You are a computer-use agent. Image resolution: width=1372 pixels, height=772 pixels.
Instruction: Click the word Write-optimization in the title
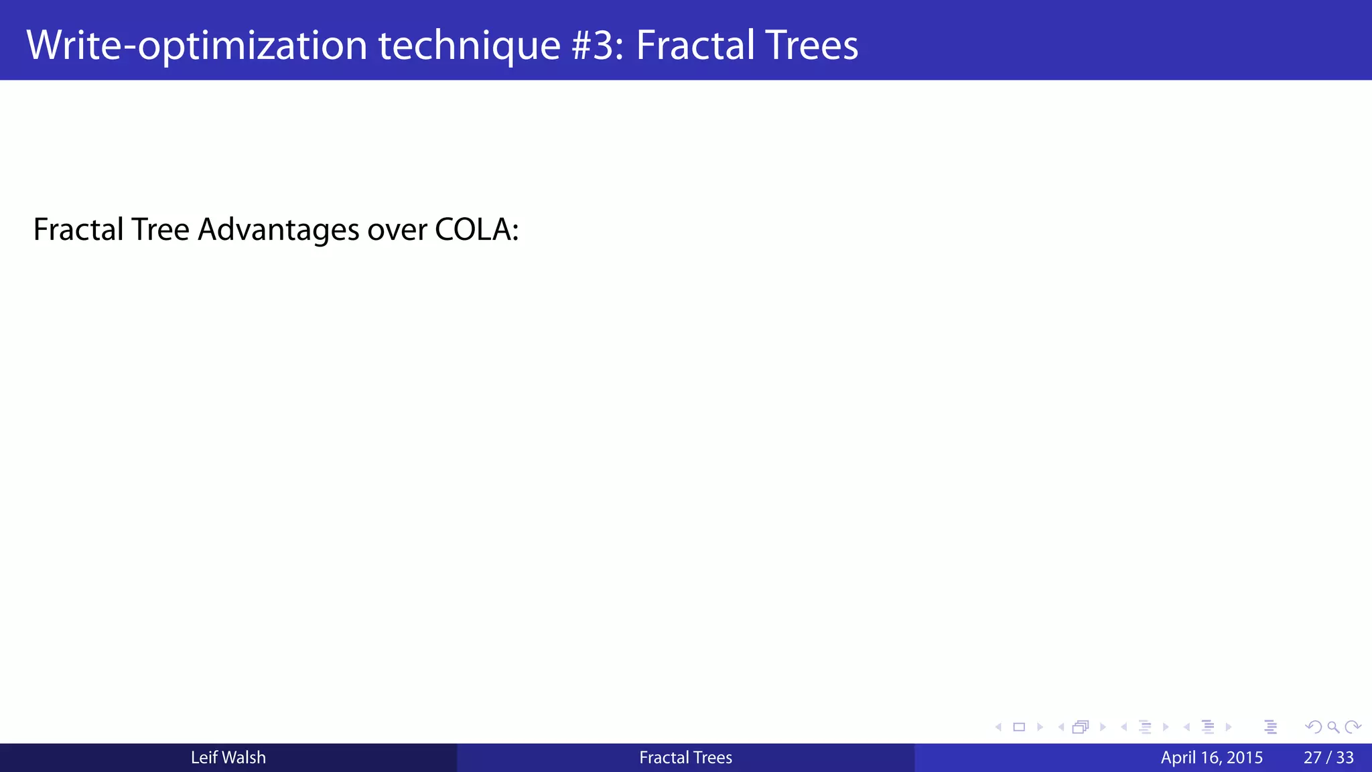[196, 45]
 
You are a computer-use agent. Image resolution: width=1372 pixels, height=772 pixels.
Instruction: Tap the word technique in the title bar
[469, 45]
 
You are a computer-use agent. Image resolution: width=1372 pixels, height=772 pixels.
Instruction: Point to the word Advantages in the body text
[279, 230]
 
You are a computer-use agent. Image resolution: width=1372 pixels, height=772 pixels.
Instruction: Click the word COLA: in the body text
[476, 230]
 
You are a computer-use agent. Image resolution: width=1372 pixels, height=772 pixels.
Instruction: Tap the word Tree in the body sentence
[160, 230]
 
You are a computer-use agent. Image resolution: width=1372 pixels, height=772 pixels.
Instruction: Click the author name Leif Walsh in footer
[228, 757]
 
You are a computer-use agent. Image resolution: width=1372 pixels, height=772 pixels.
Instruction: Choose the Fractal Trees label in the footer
[685, 757]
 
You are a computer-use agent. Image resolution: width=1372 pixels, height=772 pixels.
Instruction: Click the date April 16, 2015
[1211, 757]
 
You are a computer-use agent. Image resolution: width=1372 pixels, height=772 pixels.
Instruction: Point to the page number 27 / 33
[1328, 757]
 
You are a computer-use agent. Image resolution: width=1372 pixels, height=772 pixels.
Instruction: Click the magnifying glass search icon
[1333, 727]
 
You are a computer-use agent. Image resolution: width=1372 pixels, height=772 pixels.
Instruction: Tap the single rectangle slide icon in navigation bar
[1019, 727]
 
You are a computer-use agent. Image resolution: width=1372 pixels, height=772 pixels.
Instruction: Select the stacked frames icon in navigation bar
[1081, 727]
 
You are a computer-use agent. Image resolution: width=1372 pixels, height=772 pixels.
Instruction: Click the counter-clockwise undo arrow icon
[1313, 727]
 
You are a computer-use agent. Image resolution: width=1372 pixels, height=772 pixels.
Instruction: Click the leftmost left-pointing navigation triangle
[998, 727]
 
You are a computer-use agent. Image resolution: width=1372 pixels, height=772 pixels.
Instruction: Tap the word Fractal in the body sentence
[78, 230]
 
